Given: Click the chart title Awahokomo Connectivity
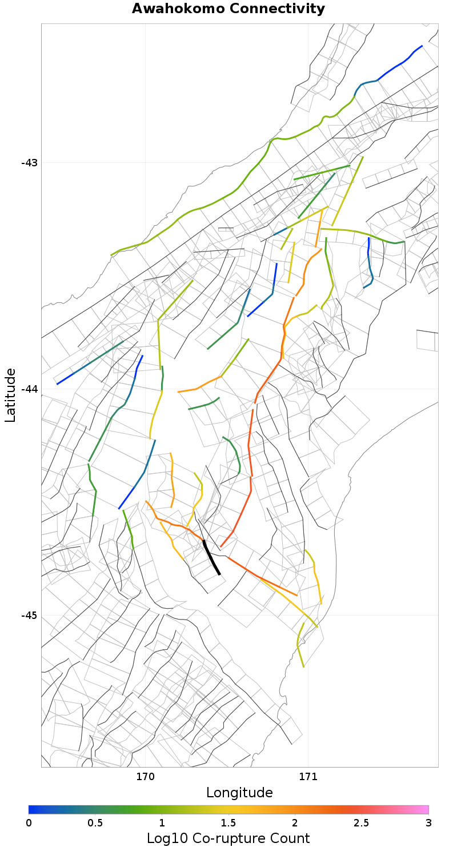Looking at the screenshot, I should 228,9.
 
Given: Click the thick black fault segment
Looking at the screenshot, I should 211,557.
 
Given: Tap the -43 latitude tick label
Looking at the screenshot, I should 29,163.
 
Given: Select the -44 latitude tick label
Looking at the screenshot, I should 29,389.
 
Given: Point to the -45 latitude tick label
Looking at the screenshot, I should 29,616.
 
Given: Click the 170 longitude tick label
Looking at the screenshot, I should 145,777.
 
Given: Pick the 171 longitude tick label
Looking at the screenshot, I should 308,777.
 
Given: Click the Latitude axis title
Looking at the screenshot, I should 10,395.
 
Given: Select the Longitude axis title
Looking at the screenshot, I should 239,793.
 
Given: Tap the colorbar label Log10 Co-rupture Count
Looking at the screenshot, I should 228,838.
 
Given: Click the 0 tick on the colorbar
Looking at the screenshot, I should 29,822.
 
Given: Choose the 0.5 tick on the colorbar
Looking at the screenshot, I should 95,822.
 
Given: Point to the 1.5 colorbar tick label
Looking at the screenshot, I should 228,822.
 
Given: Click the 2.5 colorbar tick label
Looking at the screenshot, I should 362,822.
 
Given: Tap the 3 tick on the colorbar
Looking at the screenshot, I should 428,822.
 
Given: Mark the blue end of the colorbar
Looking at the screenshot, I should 32,809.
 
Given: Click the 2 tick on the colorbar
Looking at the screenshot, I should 295,822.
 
